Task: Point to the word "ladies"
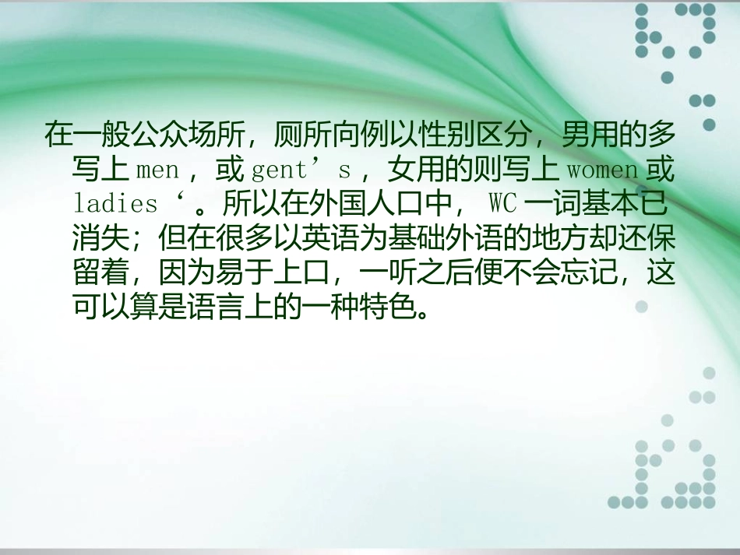point(115,205)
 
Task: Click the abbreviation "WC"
point(502,205)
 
